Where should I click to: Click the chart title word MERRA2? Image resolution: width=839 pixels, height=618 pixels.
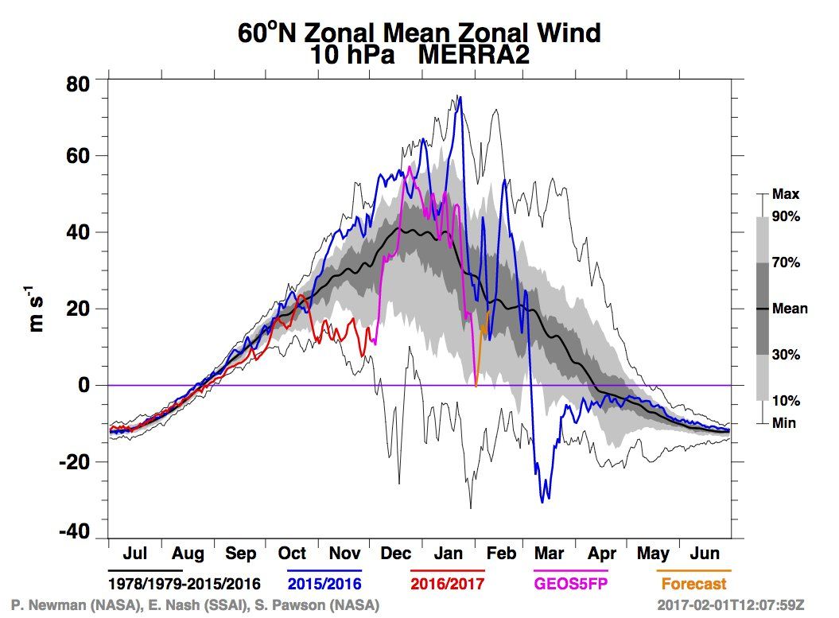(473, 55)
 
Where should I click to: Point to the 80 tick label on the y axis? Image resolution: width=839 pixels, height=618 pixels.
(78, 84)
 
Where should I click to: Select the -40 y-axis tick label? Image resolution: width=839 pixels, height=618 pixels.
(75, 532)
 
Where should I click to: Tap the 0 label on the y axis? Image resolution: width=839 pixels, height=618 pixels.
(84, 385)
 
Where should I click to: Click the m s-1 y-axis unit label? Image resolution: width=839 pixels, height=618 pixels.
(35, 309)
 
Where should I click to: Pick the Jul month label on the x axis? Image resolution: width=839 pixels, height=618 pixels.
(135, 554)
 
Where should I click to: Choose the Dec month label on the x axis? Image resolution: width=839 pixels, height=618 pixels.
(396, 554)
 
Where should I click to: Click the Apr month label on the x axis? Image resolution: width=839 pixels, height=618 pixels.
(602, 554)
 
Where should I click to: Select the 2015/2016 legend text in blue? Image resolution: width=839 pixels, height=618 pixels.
(324, 584)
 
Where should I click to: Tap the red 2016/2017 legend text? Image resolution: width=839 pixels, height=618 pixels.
(447, 584)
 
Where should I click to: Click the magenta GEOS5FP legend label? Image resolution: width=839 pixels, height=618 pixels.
(571, 584)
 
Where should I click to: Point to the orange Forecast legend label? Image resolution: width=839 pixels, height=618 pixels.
(694, 584)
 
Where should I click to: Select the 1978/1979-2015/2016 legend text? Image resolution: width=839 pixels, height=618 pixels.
(184, 584)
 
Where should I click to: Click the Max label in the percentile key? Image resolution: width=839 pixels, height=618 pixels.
(786, 194)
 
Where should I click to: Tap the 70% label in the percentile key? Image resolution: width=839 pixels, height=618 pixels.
(786, 262)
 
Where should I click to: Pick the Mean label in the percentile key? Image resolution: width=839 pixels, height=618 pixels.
(790, 309)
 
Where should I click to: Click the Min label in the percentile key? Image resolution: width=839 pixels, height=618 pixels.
(784, 423)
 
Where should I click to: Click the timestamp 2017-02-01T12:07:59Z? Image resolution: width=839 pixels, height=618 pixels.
(730, 605)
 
